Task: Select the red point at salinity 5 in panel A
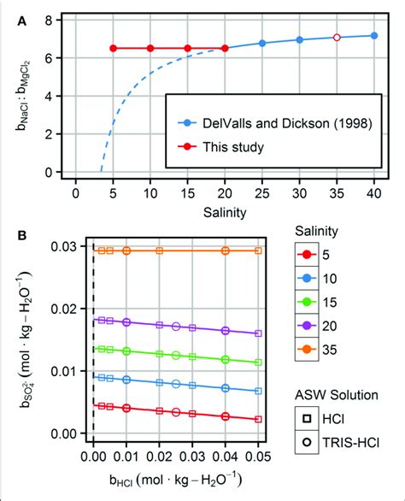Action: pos(114,49)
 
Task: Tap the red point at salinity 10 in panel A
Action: pos(150,49)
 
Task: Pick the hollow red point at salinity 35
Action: pos(336,38)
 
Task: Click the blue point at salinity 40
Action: pos(373,35)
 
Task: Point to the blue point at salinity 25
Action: pos(262,43)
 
